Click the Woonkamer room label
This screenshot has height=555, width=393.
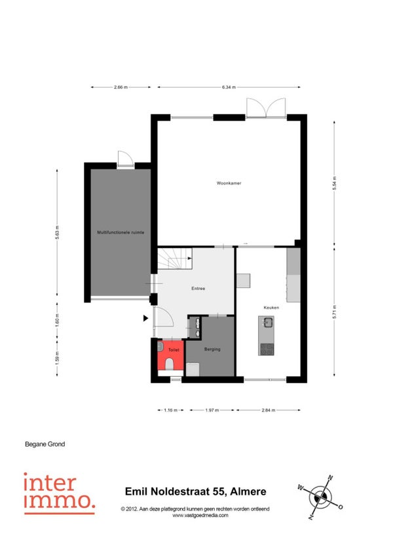(x=229, y=183)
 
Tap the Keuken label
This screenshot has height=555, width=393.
(x=271, y=308)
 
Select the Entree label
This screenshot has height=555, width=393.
(x=198, y=289)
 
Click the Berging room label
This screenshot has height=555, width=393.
(x=212, y=349)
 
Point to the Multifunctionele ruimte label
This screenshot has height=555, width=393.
(x=121, y=232)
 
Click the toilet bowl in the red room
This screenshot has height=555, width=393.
(x=170, y=364)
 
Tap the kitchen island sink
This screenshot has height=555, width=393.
(x=268, y=323)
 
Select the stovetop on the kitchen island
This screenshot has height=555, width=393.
(x=267, y=349)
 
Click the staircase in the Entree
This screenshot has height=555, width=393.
(x=175, y=259)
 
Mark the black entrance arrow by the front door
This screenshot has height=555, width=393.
(x=145, y=318)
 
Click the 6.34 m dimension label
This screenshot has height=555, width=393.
(x=229, y=87)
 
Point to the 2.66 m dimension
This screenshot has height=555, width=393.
(x=121, y=87)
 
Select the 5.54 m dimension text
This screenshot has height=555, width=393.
(x=334, y=183)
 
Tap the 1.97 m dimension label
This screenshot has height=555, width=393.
(x=212, y=410)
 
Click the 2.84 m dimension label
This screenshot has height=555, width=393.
(x=269, y=410)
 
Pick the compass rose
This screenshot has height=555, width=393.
(x=320, y=497)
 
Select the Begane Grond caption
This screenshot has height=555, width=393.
(x=45, y=444)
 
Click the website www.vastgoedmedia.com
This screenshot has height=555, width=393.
(x=200, y=515)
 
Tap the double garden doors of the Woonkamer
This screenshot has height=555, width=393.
(x=266, y=107)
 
